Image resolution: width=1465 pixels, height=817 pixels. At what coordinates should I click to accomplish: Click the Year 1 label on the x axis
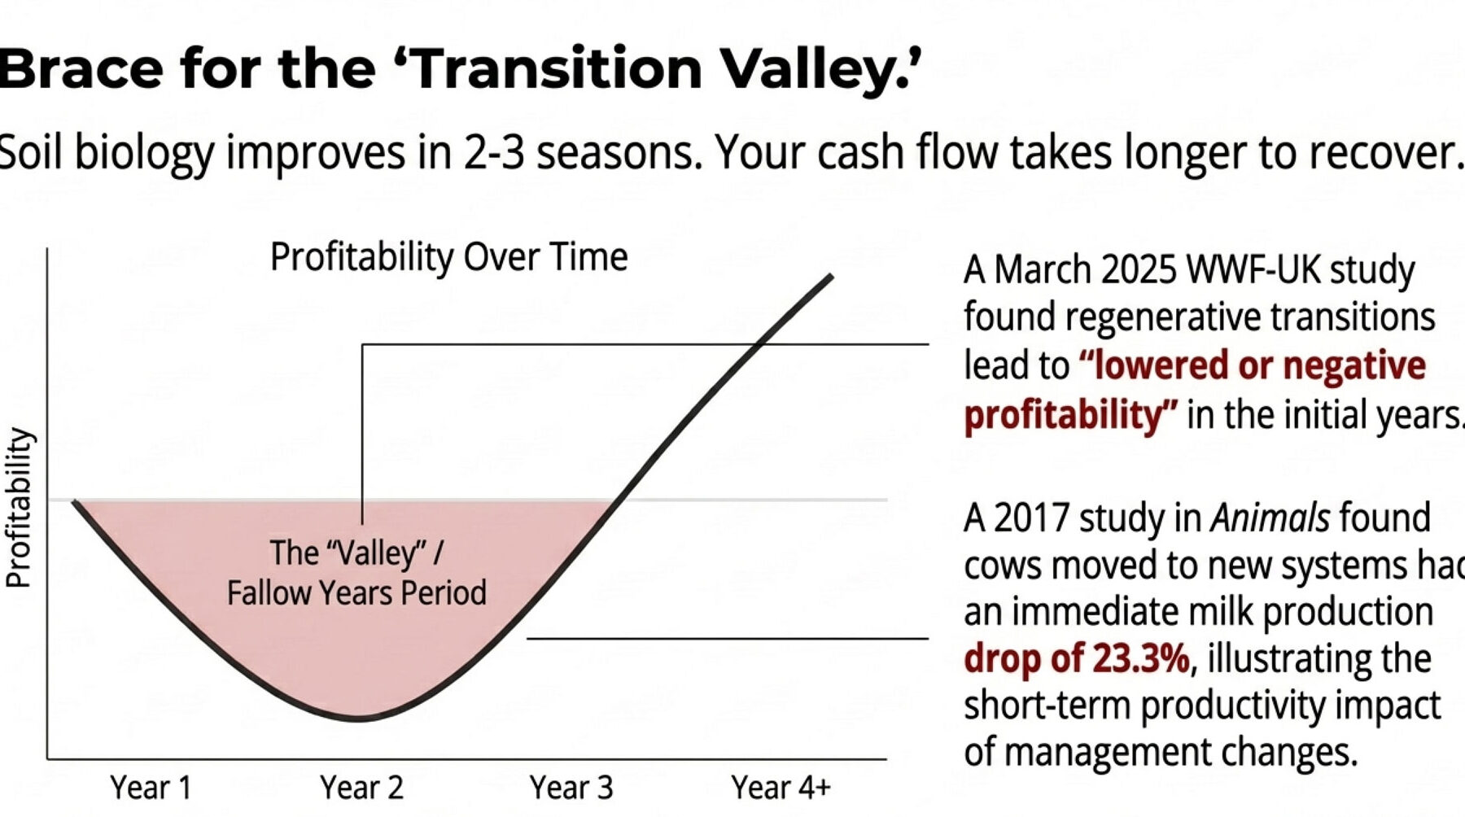point(151,788)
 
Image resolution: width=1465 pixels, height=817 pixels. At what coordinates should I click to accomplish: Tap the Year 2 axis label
point(361,788)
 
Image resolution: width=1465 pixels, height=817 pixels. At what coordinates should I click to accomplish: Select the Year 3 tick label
point(571,788)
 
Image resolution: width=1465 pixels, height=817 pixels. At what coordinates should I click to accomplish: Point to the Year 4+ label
point(781,788)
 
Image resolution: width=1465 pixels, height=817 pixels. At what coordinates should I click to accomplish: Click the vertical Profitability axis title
point(19,508)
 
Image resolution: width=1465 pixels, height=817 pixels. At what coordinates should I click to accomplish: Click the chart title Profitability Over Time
point(448,257)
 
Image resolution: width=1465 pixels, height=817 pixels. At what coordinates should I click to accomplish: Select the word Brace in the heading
point(81,68)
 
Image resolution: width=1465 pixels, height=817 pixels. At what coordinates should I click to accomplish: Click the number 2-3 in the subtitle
point(494,152)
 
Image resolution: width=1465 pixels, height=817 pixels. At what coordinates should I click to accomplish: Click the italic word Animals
point(1270,518)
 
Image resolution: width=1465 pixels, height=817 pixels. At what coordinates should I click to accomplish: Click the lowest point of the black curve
point(360,719)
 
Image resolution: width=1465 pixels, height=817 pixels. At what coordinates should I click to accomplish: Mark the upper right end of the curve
point(831,277)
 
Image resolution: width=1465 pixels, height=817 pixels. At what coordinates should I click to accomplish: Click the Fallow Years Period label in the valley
point(356,593)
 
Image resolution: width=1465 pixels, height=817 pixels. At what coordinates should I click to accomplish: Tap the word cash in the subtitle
point(863,152)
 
